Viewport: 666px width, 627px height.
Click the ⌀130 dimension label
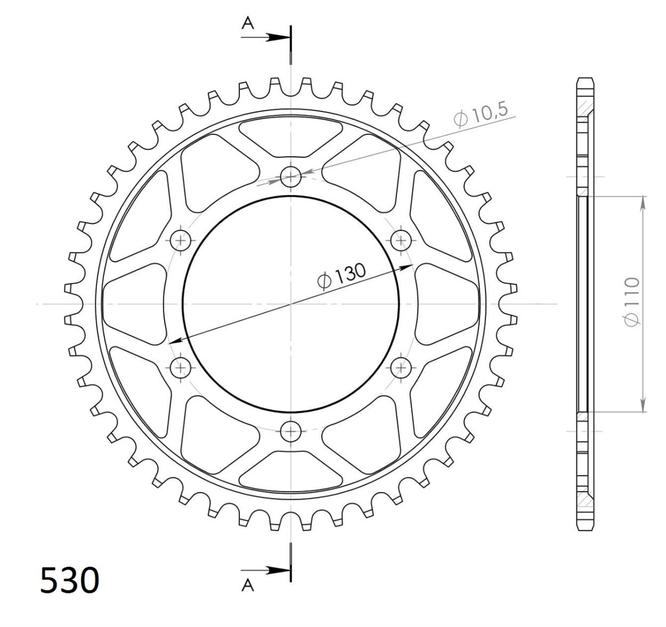pos(341,276)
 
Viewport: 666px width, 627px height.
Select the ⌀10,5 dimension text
pos(481,114)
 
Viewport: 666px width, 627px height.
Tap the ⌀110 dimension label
pos(633,302)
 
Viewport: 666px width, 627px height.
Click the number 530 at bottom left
pos(69,580)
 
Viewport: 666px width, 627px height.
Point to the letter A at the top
pos(248,23)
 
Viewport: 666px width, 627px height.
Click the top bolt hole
pos(291,176)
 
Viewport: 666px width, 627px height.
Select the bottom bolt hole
pos(291,432)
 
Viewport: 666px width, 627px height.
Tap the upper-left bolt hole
pos(180,240)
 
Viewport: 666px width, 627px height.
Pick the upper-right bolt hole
pos(401,240)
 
